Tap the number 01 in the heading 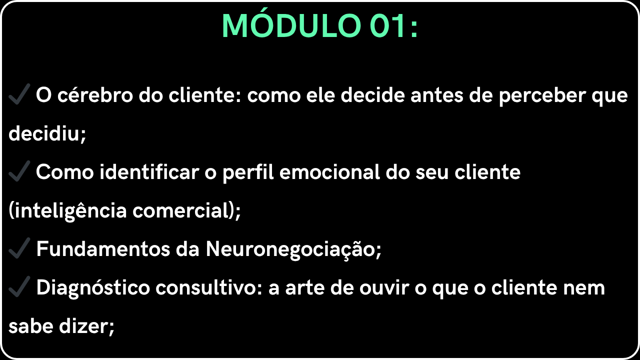point(388,25)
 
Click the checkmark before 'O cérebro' point(19,94)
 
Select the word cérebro point(95,95)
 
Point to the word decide point(373,95)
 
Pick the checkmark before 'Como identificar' point(19,171)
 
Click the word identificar point(149,172)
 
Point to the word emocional point(329,172)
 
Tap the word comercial point(181,210)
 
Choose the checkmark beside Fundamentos point(19,248)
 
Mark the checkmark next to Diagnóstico point(19,286)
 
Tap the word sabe point(31,326)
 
